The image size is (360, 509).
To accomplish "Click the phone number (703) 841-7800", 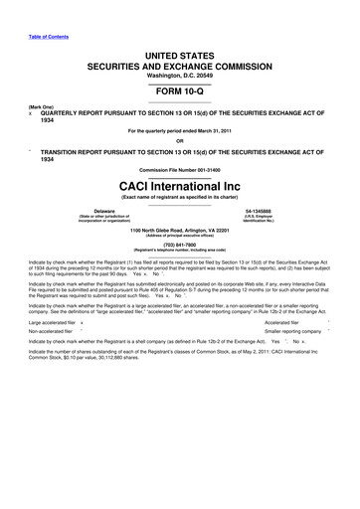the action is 179,243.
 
